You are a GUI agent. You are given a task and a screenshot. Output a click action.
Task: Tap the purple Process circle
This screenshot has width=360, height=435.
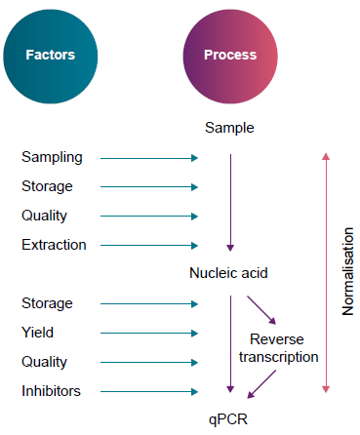230,55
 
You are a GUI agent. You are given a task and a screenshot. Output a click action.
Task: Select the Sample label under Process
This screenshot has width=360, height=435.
230,128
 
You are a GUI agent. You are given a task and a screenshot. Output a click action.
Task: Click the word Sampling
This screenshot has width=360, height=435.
52,157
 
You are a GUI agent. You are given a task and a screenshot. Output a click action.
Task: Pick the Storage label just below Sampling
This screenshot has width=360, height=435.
47,186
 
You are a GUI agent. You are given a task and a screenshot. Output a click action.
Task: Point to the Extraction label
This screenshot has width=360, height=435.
54,245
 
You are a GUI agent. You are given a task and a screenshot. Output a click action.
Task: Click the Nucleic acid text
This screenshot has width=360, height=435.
229,274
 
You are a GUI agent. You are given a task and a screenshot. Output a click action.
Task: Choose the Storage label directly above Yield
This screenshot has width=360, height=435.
47,303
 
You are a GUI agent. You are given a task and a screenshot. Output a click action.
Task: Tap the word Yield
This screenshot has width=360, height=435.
38,333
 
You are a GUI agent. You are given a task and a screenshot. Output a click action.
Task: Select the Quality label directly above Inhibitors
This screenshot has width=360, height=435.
45,362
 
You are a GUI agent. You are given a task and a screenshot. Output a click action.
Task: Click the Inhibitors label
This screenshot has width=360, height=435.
51,391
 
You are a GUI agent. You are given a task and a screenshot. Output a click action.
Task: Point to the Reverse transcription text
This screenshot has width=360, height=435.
278,347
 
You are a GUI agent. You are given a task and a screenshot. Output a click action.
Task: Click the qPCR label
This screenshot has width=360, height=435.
230,418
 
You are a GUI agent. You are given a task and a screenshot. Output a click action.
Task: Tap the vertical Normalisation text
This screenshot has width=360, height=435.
348,274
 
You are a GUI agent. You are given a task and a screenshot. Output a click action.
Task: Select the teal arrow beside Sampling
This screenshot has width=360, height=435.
149,157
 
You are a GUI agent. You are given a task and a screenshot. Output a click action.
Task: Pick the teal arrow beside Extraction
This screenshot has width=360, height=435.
149,245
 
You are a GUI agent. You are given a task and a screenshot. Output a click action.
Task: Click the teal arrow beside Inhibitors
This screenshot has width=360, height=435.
149,391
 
